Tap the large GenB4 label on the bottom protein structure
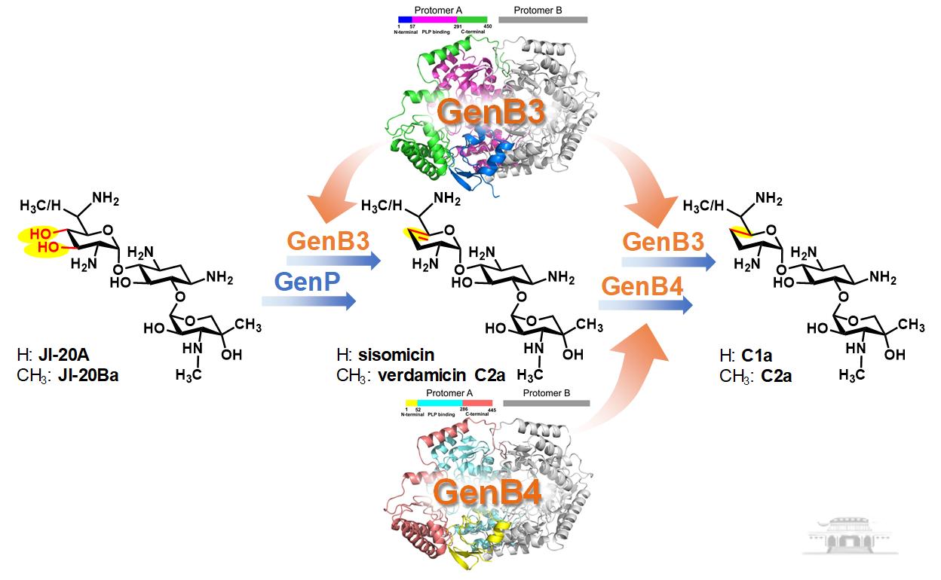coord(488,493)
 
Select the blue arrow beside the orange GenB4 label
coord(646,305)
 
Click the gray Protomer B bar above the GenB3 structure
coord(543,20)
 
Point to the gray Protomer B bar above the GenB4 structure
coord(546,403)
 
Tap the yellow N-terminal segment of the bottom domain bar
coord(411,403)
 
